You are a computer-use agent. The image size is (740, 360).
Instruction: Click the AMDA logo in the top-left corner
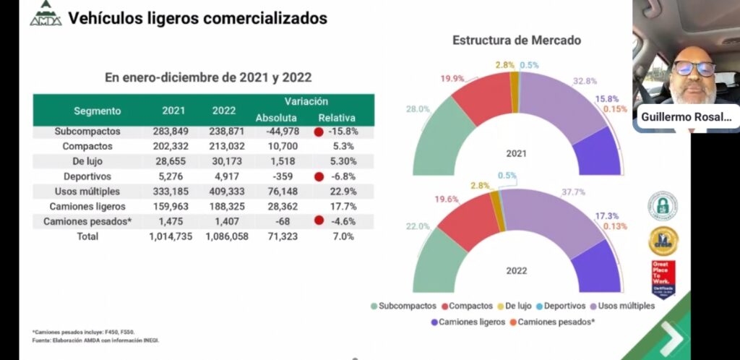pos(46,14)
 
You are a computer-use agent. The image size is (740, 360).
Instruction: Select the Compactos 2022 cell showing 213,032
pos(225,147)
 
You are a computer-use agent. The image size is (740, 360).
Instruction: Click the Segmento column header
pos(98,111)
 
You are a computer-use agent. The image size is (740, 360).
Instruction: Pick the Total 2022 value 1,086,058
pos(226,236)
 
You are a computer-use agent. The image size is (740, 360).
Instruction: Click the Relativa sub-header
pos(336,118)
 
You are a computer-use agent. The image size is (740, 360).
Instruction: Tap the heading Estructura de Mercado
pos(517,40)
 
